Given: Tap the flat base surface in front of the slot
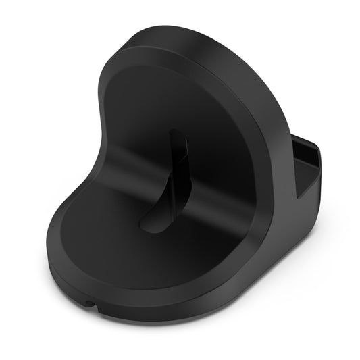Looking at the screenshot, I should (135, 250).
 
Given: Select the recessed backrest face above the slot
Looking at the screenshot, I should (169, 101).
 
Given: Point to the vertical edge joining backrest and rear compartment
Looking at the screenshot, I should (295, 169).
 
